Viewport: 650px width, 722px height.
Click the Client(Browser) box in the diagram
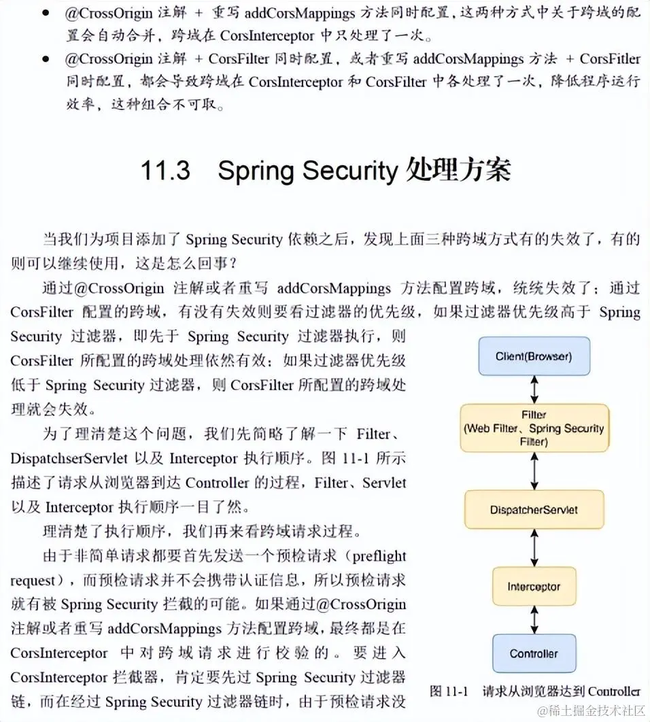[x=534, y=356]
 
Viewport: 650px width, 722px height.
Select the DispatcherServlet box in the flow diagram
[x=534, y=510]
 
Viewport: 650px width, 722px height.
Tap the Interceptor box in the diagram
[x=534, y=586]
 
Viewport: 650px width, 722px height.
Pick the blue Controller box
[x=534, y=654]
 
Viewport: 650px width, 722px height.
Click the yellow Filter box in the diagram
[x=534, y=428]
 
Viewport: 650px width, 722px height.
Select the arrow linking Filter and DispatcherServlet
[x=534, y=471]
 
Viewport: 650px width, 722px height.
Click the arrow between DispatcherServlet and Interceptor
[x=534, y=547]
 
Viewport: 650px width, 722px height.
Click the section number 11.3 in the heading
[x=165, y=171]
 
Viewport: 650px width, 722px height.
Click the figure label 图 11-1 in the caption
[x=449, y=691]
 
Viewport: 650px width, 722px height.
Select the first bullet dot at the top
[x=46, y=12]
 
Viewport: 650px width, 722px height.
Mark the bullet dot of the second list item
[x=46, y=59]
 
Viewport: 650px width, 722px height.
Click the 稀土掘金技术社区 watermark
[x=589, y=710]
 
